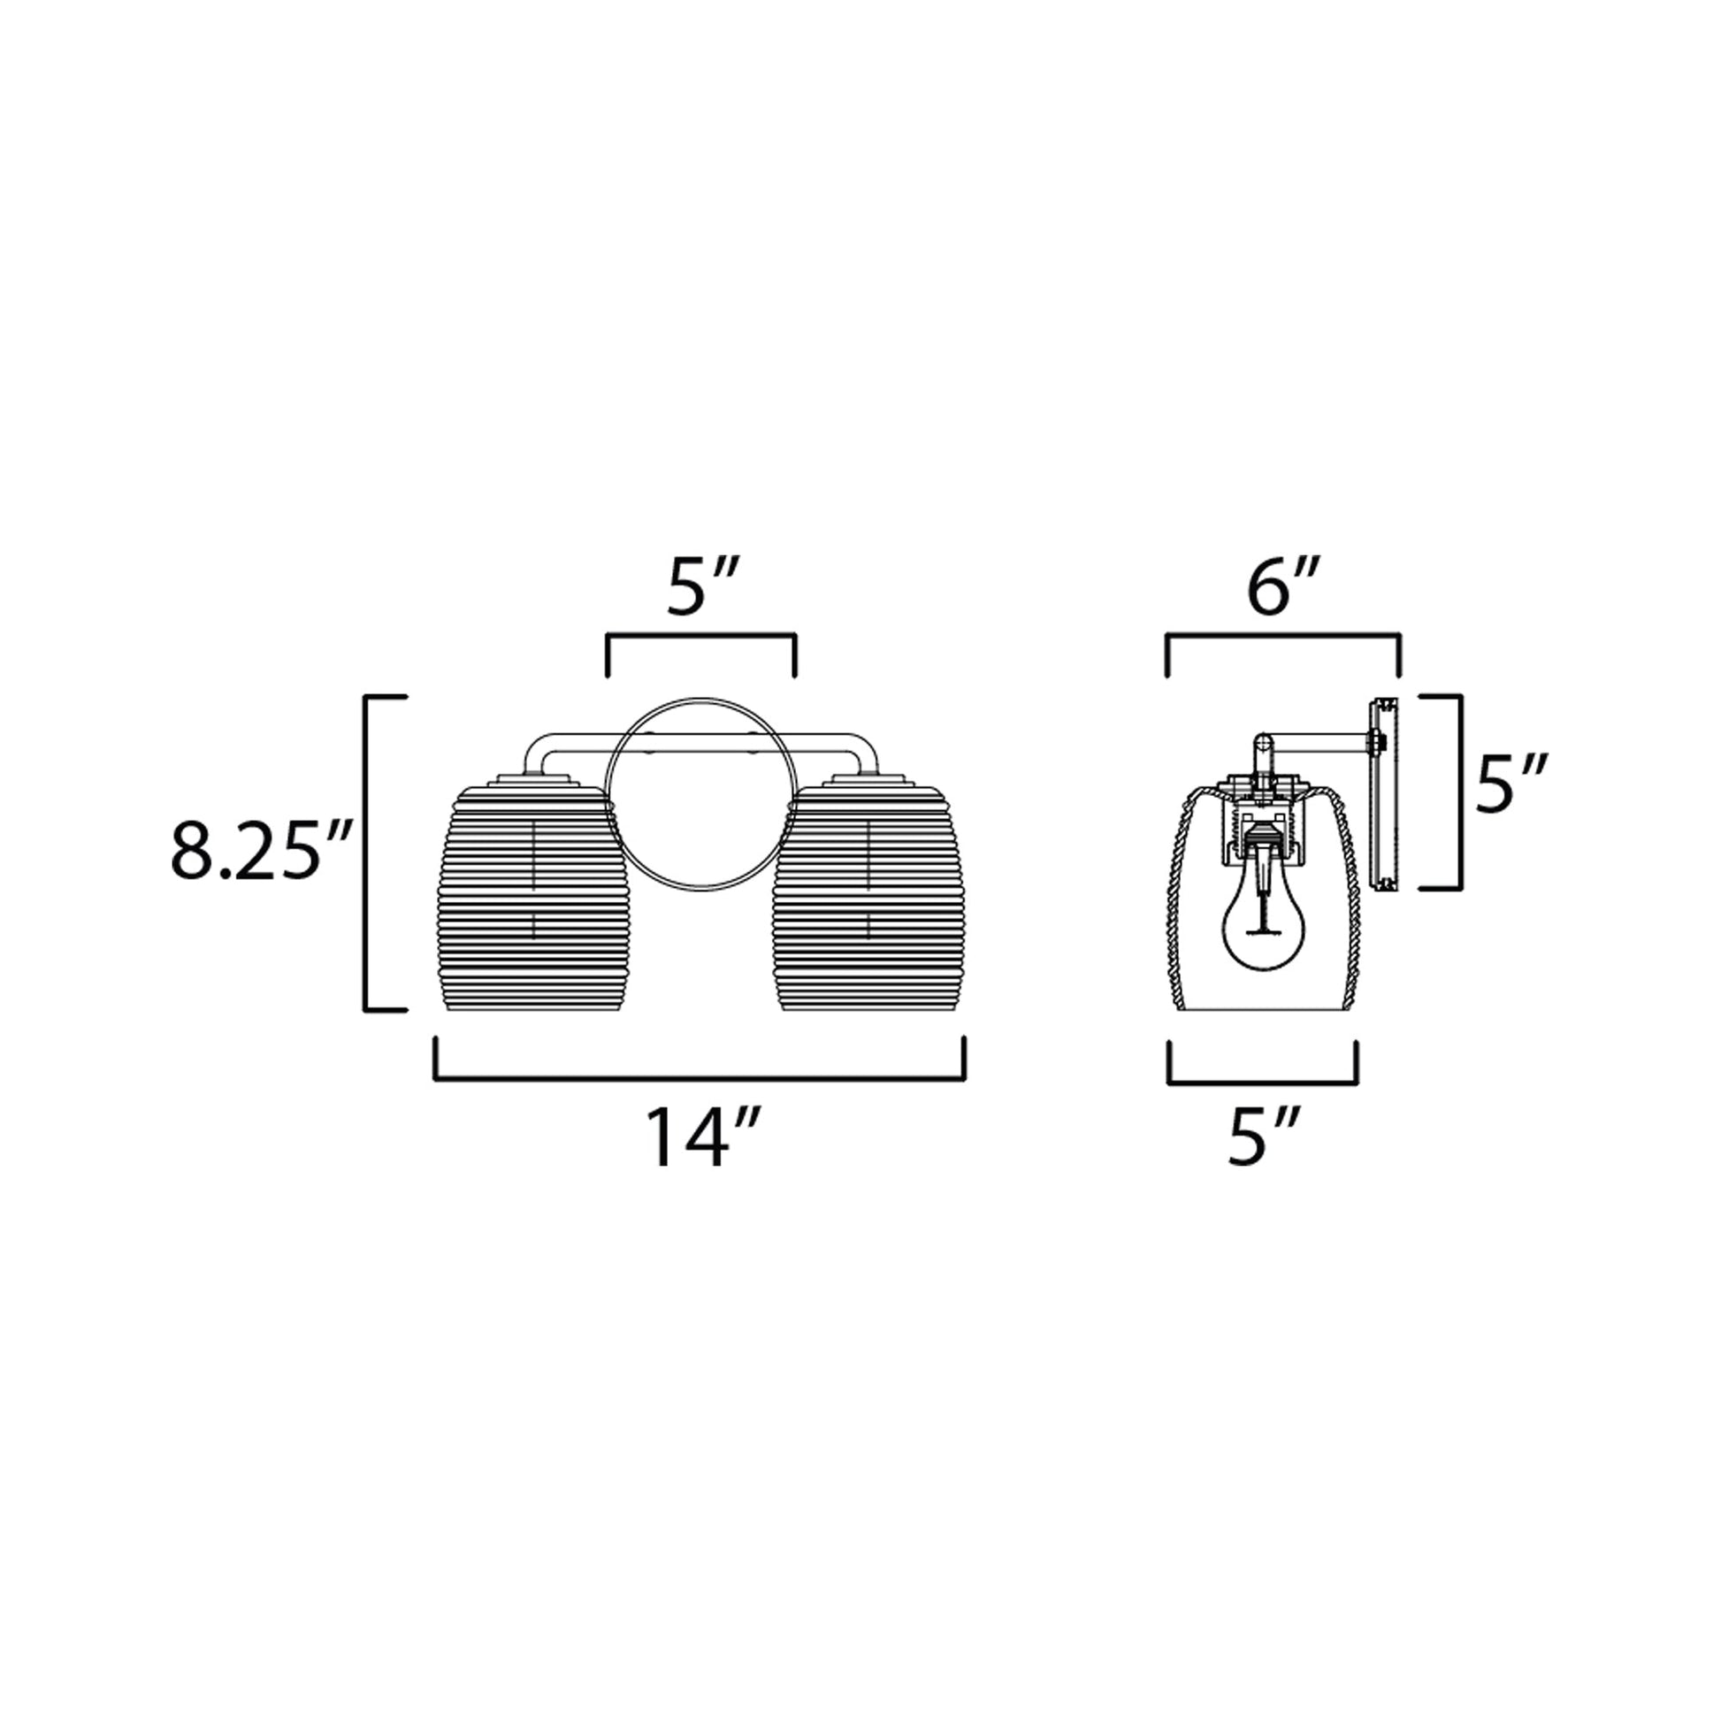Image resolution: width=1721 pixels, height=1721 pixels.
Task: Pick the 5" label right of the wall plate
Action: click(1511, 784)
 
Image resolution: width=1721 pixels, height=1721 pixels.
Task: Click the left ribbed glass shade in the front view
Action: click(532, 899)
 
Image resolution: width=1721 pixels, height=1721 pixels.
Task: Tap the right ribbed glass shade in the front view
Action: click(868, 899)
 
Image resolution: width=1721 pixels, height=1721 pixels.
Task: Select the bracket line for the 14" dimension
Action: click(700, 1080)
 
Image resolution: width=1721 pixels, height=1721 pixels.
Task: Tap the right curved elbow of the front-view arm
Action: click(864, 746)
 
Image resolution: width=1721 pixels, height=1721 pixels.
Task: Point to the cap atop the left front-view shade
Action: click(532, 781)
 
